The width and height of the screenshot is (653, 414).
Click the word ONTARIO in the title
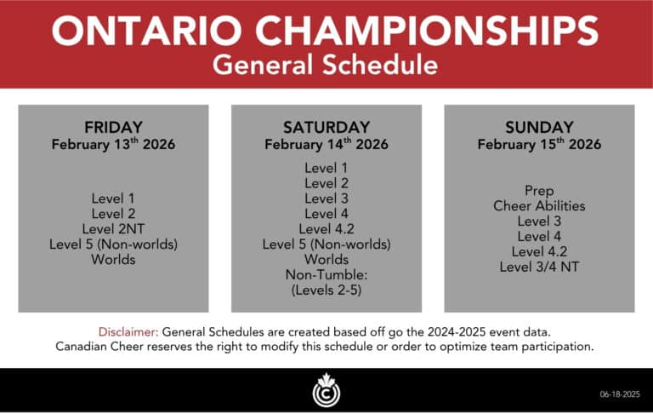point(146,32)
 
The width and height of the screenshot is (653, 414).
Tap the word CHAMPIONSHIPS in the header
point(427,32)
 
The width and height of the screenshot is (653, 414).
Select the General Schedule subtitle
point(326,65)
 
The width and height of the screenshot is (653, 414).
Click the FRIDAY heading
point(113,127)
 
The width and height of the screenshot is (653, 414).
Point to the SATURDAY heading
point(326,127)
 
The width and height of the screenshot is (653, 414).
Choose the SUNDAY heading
point(539,127)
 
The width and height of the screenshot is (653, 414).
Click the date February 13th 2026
point(113,145)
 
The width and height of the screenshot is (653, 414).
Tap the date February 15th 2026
point(539,145)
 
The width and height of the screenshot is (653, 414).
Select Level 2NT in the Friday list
point(113,228)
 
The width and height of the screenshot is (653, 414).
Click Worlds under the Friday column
point(113,259)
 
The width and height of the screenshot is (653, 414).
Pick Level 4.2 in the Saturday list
point(326,228)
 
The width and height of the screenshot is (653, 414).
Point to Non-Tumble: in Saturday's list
point(326,274)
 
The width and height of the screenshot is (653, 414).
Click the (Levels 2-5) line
point(326,290)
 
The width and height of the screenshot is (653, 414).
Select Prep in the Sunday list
point(539,191)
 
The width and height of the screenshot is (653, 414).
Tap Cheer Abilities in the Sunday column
point(539,206)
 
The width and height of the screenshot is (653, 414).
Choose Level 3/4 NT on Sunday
point(539,267)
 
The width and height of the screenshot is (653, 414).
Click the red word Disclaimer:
point(128,331)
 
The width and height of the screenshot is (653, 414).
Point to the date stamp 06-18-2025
point(620,394)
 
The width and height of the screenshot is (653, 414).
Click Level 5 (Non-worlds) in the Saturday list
point(326,244)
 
